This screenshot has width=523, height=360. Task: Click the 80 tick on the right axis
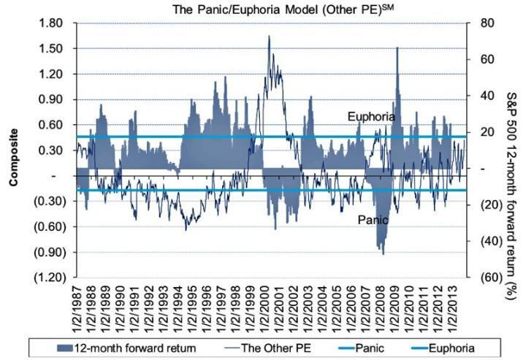[481, 23]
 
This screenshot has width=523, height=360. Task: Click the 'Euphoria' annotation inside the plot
[371, 117]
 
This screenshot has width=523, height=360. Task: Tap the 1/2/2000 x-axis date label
[265, 310]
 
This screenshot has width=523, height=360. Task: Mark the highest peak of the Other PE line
[269, 36]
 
